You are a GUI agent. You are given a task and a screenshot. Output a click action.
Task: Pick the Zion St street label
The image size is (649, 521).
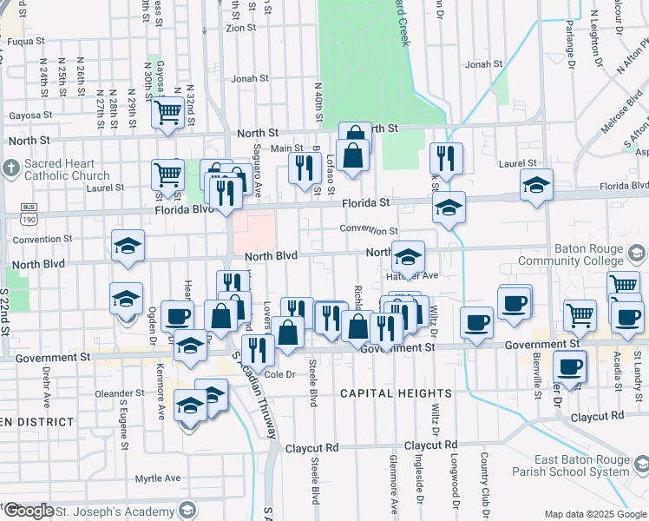pos(240,27)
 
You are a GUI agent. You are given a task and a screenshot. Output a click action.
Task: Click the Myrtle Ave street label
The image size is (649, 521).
pos(158,478)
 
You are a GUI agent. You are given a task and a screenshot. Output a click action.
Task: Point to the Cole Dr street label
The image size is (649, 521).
pos(280,375)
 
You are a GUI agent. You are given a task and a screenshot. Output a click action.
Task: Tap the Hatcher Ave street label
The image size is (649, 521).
pos(417,275)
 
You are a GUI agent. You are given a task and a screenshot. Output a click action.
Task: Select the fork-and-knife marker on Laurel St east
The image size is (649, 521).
pos(447,157)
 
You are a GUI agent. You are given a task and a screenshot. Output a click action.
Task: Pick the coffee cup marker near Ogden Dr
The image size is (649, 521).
pos(178,316)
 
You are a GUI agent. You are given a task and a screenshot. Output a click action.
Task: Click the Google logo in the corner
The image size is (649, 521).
pos(28,511)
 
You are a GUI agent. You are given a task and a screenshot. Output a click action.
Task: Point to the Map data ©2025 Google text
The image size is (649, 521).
pos(595,514)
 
